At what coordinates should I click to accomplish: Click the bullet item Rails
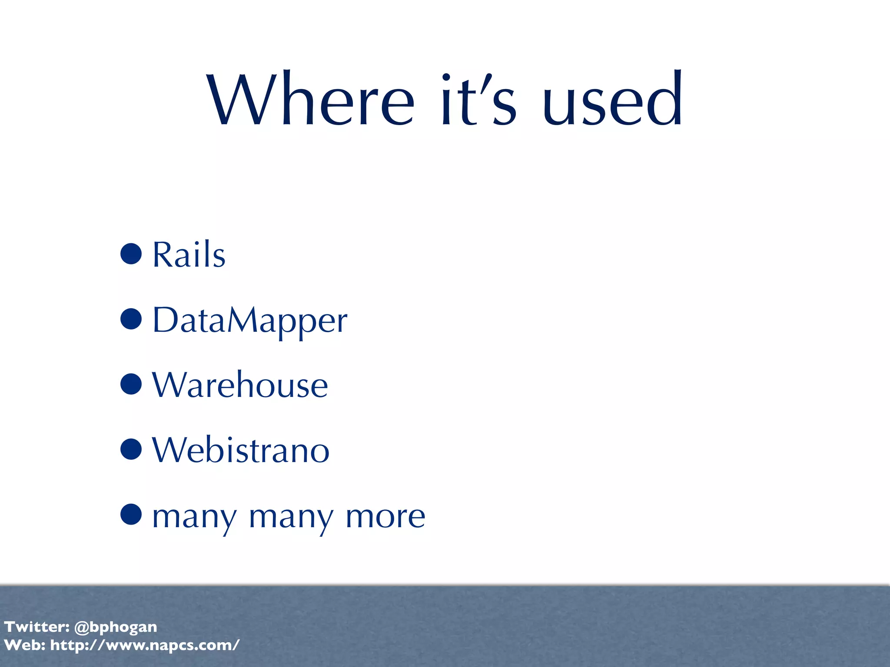[189, 254]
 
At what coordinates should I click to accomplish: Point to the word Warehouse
[240, 385]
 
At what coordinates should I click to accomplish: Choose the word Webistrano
[241, 450]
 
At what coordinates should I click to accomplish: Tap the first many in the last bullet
[195, 518]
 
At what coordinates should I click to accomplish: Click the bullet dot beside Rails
[131, 254]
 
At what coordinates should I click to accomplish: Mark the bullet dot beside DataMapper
[131, 319]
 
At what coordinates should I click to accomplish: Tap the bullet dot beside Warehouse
[131, 384]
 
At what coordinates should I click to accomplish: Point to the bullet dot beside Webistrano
[131, 449]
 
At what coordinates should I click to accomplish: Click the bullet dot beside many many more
[131, 515]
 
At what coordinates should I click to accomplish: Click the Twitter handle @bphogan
[116, 627]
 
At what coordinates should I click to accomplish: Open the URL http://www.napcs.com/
[145, 645]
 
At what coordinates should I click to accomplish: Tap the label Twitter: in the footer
[37, 627]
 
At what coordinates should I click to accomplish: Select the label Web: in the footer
[25, 645]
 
